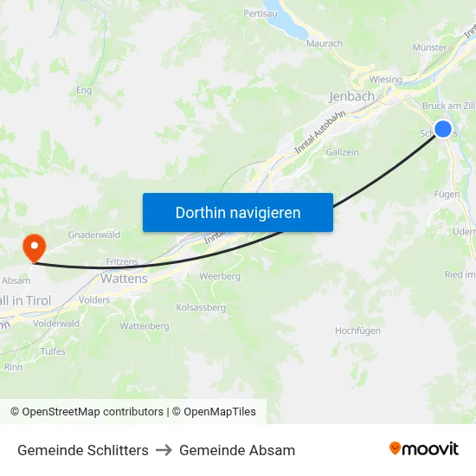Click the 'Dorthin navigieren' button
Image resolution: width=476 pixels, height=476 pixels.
[238, 212]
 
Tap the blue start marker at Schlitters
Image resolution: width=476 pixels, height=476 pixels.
[443, 129]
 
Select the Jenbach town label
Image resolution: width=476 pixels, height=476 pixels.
[352, 96]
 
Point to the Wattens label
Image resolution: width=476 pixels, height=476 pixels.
[125, 279]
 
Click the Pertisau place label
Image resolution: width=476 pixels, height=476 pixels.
[260, 14]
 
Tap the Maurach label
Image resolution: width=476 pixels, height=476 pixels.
[325, 43]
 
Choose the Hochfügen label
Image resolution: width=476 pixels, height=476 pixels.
[358, 331]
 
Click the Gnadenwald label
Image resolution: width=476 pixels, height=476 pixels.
[93, 235]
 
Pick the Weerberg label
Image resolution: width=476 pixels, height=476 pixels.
[220, 276]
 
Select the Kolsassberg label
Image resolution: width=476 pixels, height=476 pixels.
[201, 307]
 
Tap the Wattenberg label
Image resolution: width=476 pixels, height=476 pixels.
[145, 326]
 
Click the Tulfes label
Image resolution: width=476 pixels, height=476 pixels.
[53, 351]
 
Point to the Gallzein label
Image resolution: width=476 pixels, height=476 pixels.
[343, 152]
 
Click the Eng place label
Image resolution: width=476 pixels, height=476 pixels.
[84, 90]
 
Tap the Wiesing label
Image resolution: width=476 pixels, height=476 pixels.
[386, 80]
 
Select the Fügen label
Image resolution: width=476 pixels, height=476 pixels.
[447, 195]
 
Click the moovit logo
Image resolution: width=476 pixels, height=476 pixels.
[424, 449]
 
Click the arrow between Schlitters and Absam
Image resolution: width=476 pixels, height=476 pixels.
[164, 450]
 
